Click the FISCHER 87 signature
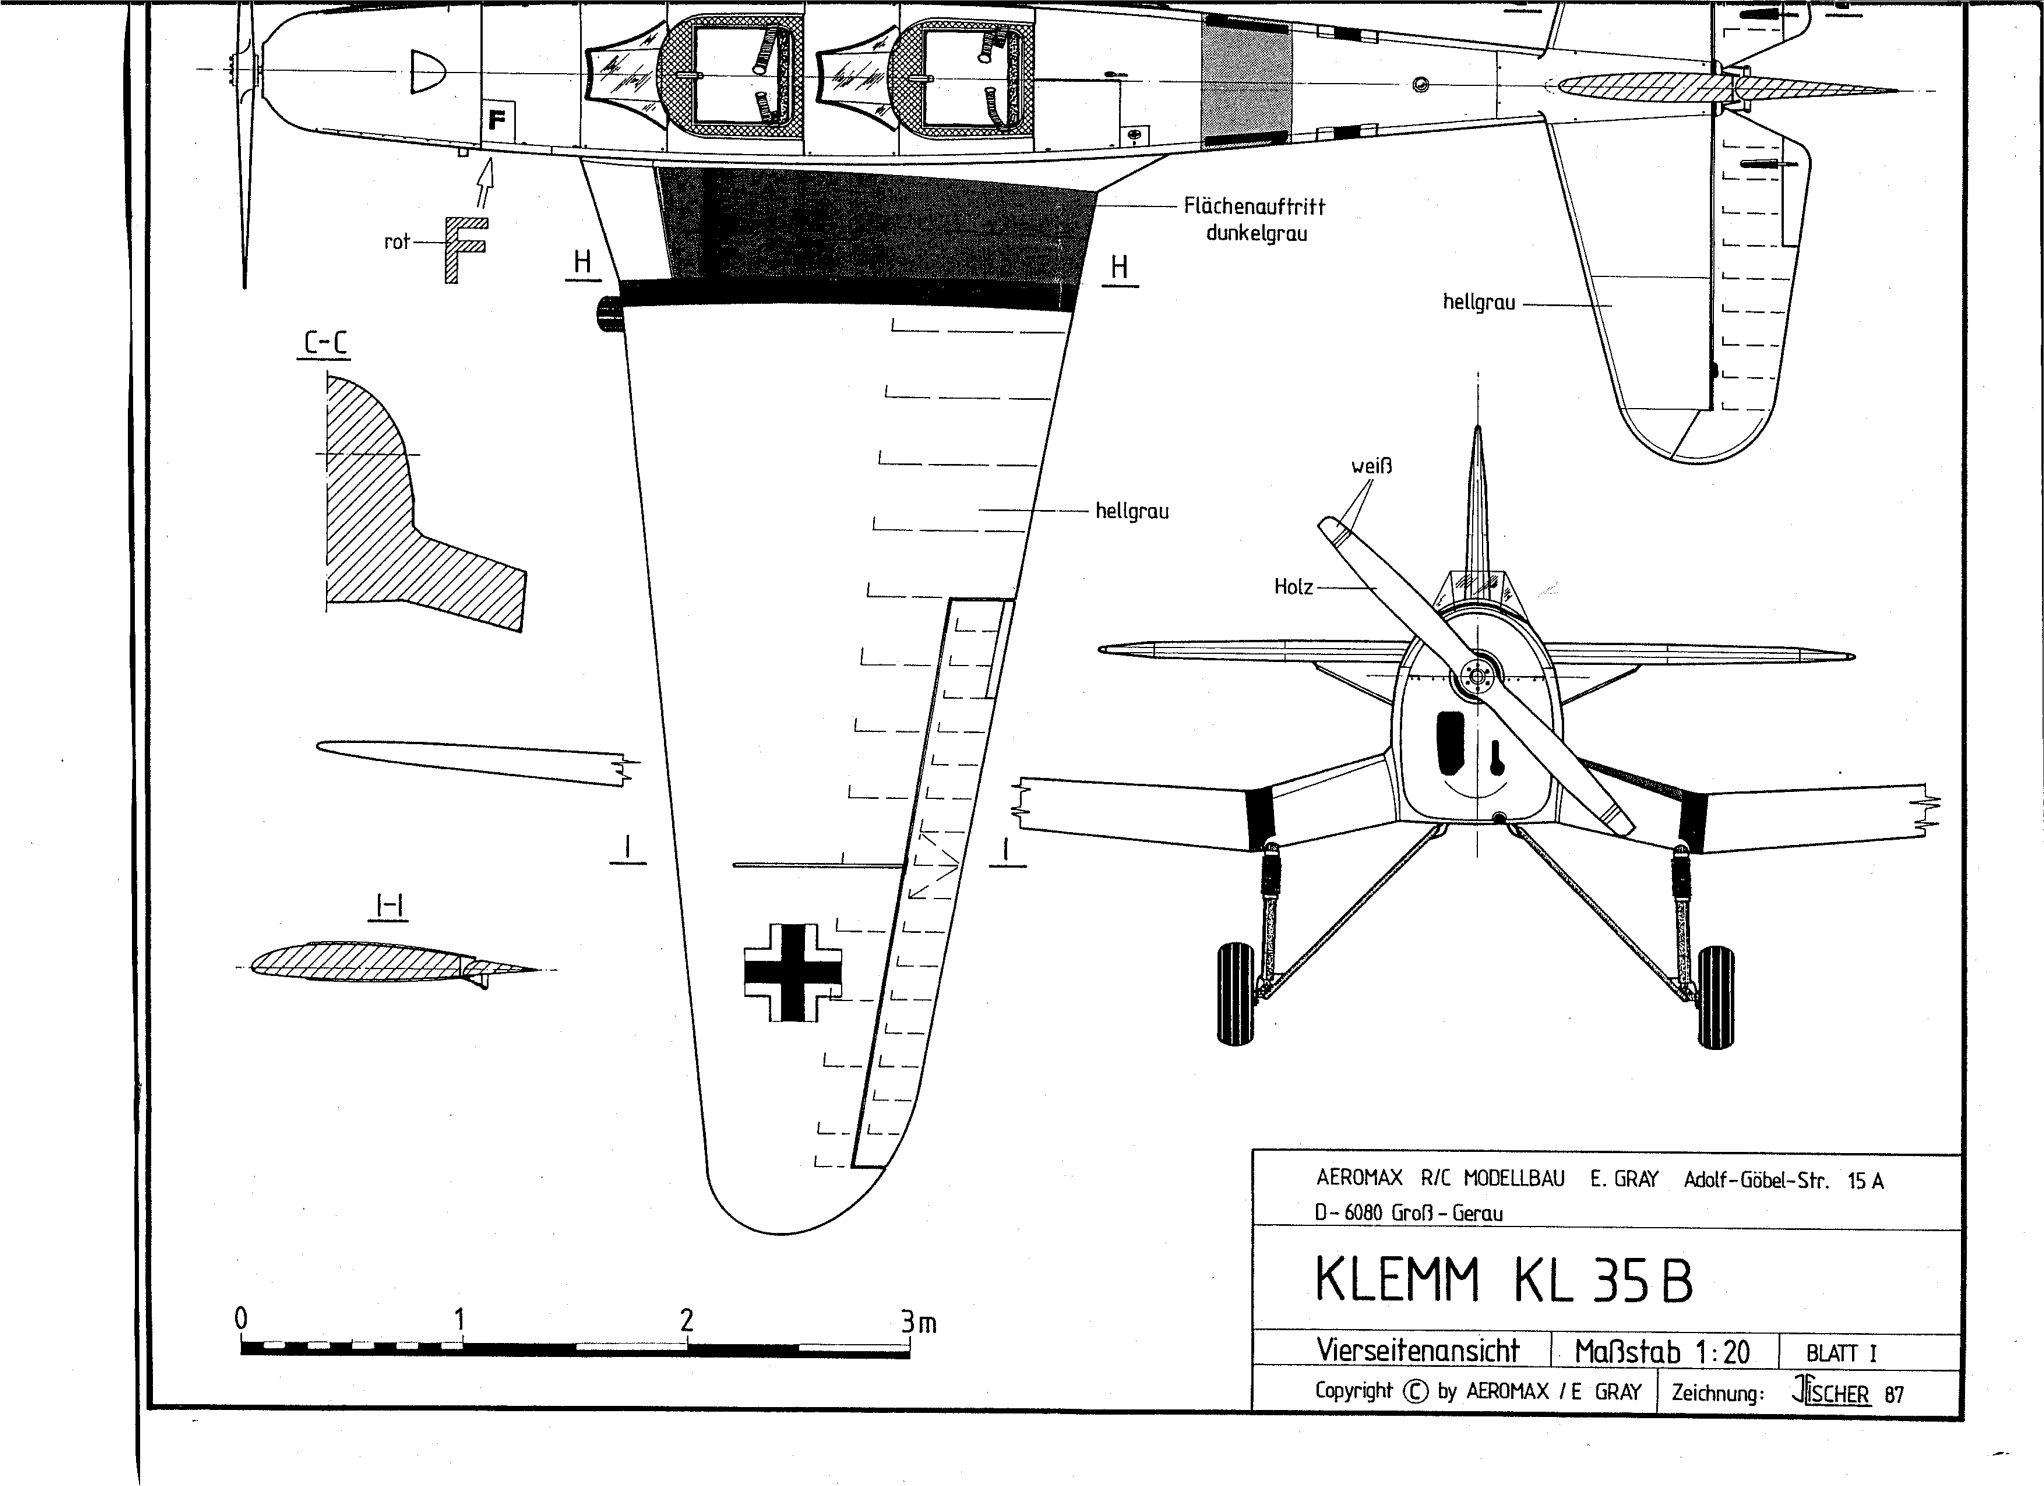click(1848, 1393)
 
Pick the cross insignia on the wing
click(792, 972)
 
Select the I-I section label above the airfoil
click(389, 908)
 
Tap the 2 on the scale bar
click(687, 1320)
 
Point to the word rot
click(397, 242)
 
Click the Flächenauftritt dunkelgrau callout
click(1254, 220)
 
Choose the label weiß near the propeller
click(1372, 467)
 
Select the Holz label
click(1294, 587)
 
